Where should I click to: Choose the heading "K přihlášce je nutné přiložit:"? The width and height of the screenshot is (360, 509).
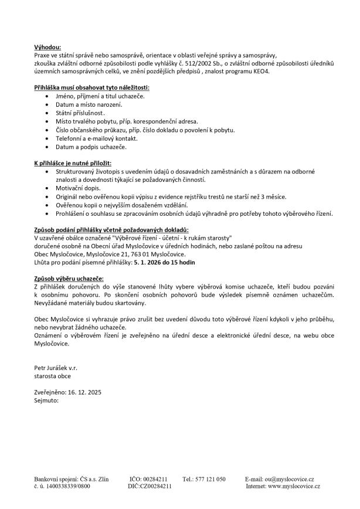point(73,161)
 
